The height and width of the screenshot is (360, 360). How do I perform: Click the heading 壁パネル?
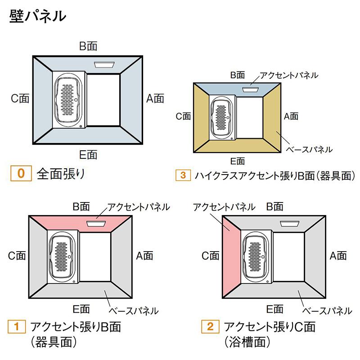pos(38,16)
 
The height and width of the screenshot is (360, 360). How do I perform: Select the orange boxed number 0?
pos(21,173)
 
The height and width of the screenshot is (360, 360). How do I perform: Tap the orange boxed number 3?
pos(183,175)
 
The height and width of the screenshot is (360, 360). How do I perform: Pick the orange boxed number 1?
pos(17,327)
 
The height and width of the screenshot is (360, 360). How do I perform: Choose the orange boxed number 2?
pos(210,327)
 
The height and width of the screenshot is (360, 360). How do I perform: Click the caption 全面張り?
pos(61,174)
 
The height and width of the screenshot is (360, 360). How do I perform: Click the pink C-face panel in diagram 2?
pos(231,256)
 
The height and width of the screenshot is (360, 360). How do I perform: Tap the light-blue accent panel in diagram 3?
pos(237,90)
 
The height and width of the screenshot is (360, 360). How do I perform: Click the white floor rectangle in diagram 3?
pos(250,118)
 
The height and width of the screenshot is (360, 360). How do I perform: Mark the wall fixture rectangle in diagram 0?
pos(104,64)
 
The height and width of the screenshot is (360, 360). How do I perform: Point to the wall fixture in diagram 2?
pos(290,224)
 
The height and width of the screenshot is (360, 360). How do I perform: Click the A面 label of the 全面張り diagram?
pos(155,99)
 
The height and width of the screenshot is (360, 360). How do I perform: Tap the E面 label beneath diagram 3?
pos(238,161)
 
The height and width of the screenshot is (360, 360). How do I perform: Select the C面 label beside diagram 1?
pos(17,256)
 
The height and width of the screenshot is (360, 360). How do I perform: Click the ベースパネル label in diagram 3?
pos(309,150)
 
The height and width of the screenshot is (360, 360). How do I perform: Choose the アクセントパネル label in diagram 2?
pos(224,207)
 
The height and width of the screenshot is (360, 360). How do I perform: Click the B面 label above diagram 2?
pos(274,207)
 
